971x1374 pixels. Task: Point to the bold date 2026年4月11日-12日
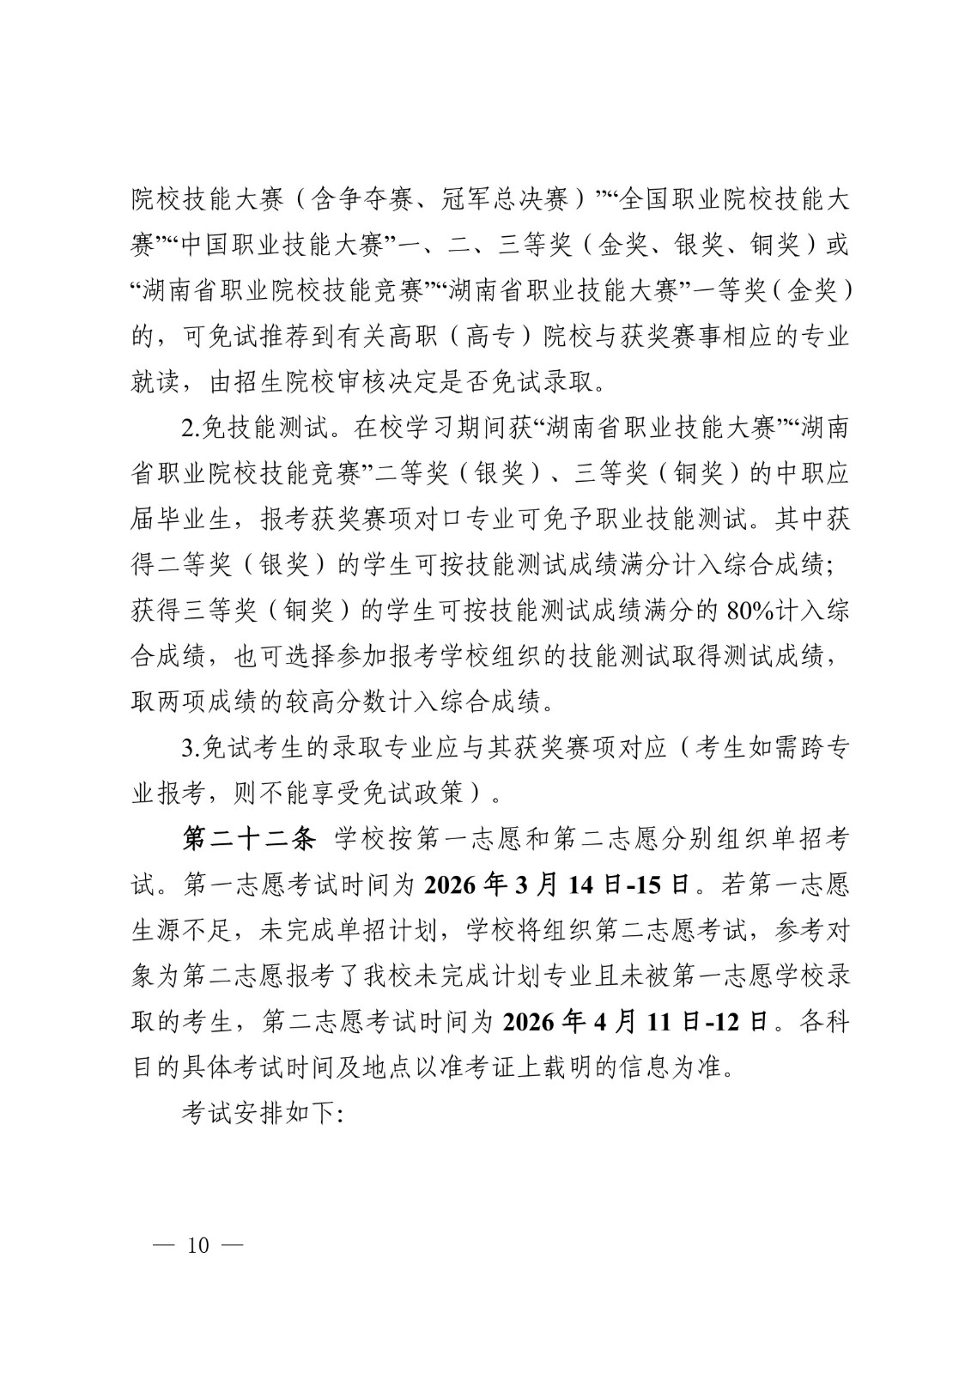tap(635, 1022)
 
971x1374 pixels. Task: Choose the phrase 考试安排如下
tap(261, 1114)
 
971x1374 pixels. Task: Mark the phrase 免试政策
tap(423, 792)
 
